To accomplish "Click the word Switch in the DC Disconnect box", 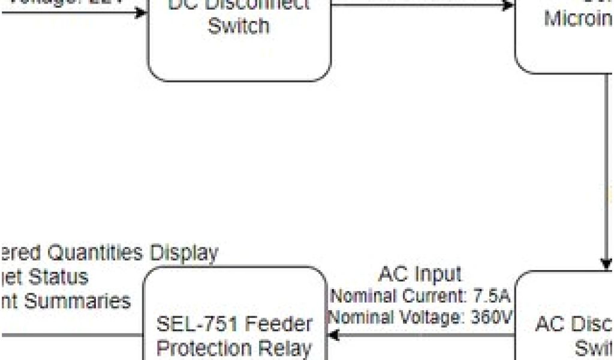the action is [x=239, y=26].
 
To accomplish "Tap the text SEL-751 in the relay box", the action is [x=193, y=325].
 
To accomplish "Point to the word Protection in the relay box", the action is [x=203, y=348].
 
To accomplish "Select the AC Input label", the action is [x=420, y=274].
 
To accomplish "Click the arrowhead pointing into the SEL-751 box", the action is [x=332, y=335].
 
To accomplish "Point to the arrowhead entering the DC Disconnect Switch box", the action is [x=142, y=11].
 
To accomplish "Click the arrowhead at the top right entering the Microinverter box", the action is [x=508, y=6].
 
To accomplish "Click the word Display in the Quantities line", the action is [x=183, y=253].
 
